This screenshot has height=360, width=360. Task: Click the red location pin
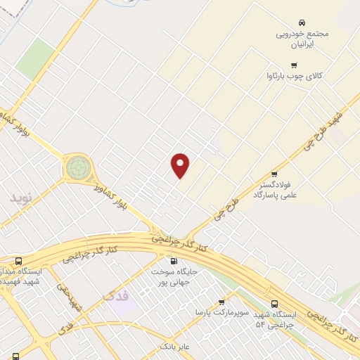coord(181,165)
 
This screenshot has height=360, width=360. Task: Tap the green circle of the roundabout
coord(78,168)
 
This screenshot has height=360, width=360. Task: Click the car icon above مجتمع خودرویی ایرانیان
coord(302,22)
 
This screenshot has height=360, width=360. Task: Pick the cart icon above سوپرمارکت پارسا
coord(221,302)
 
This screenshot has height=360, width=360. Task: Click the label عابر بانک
coord(175,346)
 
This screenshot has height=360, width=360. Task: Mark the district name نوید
coord(22,198)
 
